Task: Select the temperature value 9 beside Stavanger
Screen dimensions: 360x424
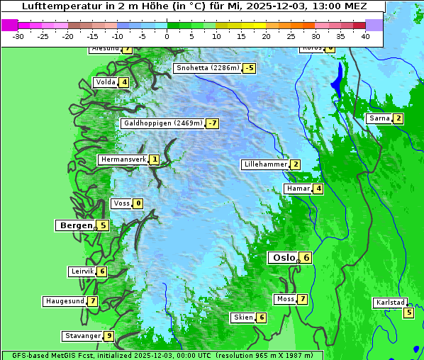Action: coord(108,336)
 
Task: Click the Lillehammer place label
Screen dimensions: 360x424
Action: coord(264,164)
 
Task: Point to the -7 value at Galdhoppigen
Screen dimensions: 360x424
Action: coord(212,123)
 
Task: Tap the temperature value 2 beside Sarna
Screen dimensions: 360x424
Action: coord(398,118)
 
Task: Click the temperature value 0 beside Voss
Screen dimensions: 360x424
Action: coord(138,204)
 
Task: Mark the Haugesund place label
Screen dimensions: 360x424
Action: coord(65,301)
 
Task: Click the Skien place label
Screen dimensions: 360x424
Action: coord(243,317)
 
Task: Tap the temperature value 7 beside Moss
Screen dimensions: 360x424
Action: coord(303,299)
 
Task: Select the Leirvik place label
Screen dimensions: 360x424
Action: coord(82,271)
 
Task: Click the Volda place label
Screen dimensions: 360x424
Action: coord(105,82)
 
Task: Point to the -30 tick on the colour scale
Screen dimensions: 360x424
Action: coord(18,35)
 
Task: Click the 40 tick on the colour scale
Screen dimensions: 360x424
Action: coord(365,35)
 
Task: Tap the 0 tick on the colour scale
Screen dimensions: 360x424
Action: coord(167,35)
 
